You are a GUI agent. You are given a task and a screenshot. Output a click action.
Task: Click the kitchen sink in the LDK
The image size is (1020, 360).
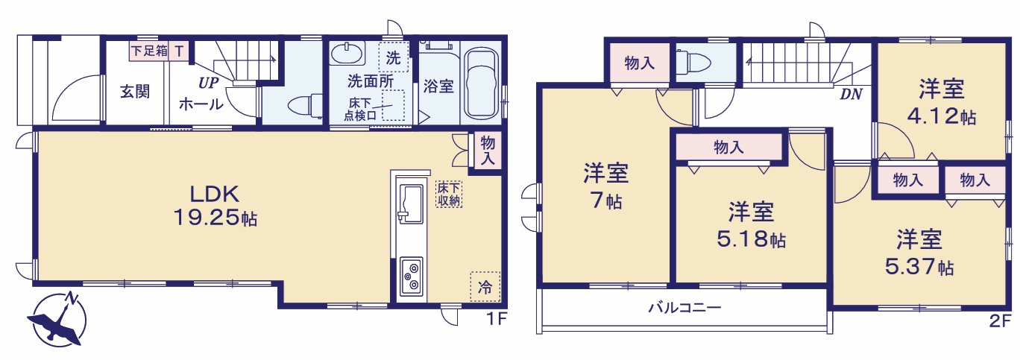411,203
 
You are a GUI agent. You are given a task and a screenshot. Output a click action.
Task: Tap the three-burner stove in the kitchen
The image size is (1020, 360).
411,277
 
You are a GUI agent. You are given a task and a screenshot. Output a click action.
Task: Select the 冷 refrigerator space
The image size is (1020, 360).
485,286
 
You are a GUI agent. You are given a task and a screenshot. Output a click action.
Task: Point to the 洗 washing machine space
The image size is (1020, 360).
393,57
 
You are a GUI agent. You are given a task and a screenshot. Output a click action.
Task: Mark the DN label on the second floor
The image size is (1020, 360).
850,94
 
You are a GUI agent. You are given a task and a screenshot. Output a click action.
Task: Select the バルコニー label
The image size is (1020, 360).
684,307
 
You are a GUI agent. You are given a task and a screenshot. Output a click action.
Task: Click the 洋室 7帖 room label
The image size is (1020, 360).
605,187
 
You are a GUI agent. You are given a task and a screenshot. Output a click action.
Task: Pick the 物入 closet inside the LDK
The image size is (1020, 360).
487,150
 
